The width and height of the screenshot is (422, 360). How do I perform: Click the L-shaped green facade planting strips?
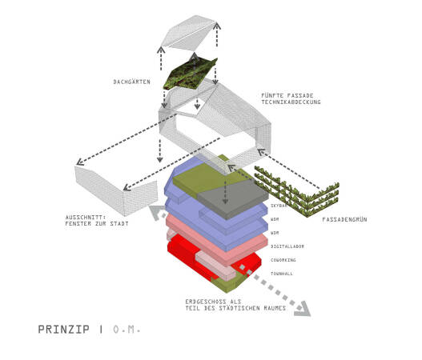(x=296, y=192)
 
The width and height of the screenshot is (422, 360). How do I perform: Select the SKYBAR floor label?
(x=280, y=206)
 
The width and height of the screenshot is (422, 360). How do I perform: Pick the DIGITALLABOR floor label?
(x=287, y=246)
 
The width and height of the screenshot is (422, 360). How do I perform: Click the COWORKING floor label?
(x=283, y=260)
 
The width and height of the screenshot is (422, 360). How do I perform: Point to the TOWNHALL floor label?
(x=283, y=274)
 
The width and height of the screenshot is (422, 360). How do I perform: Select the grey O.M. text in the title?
(x=126, y=329)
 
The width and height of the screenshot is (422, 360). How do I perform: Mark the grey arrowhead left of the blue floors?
(x=155, y=210)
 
